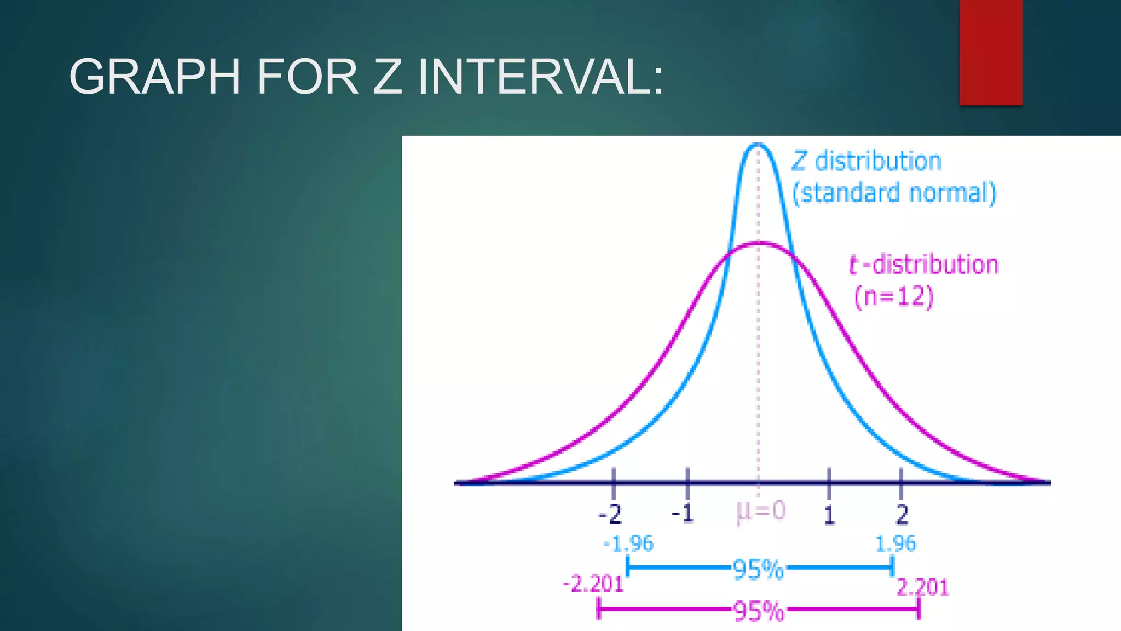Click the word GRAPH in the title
click(155, 77)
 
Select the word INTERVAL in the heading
click(540, 77)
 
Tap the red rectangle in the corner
click(991, 52)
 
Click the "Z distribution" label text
click(866, 162)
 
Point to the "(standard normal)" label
click(894, 193)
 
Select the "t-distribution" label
click(923, 265)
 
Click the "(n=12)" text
click(894, 296)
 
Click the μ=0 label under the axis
click(761, 512)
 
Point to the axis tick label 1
click(829, 515)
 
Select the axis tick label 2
click(902, 514)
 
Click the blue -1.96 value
click(628, 544)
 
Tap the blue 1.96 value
click(895, 544)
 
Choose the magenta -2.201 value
click(594, 584)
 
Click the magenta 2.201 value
click(922, 588)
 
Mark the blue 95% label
click(758, 570)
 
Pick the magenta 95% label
click(758, 611)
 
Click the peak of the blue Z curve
click(758, 145)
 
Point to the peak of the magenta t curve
click(759, 243)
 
